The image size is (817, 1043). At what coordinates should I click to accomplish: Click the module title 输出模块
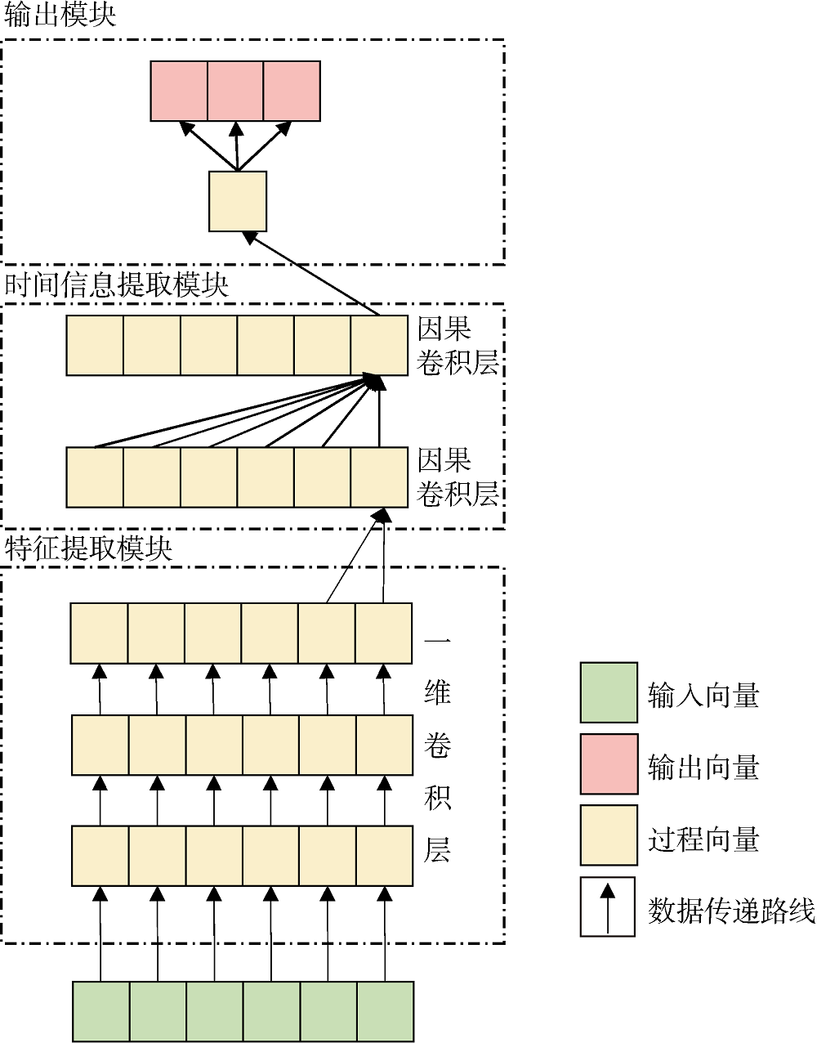[60, 15]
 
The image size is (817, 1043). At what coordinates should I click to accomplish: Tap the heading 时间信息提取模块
[117, 285]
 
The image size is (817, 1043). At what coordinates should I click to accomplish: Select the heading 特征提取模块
[89, 548]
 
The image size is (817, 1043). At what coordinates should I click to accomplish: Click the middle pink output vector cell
[235, 91]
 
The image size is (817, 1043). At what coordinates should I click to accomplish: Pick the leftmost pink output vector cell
[179, 91]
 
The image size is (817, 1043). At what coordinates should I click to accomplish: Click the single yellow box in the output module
[238, 201]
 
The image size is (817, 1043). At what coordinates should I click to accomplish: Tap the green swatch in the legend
[609, 693]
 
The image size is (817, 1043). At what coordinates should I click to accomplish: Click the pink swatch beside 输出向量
[609, 764]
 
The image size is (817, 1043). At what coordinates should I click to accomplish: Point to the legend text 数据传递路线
[731, 911]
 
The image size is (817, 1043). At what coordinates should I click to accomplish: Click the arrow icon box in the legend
[608, 906]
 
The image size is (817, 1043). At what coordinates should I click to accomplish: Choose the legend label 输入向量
[703, 696]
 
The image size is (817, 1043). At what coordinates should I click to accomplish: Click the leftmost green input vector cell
[101, 1012]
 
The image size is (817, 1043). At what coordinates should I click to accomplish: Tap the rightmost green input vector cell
[386, 1012]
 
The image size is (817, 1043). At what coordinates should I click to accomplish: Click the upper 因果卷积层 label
[457, 346]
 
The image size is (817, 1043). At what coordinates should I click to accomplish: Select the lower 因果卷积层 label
[457, 477]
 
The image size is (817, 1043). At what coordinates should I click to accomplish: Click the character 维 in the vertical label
[438, 692]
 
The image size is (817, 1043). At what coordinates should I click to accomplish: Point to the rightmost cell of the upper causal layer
[379, 346]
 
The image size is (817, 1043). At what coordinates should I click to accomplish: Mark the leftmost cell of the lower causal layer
[95, 477]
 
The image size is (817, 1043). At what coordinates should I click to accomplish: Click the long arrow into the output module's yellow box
[313, 274]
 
